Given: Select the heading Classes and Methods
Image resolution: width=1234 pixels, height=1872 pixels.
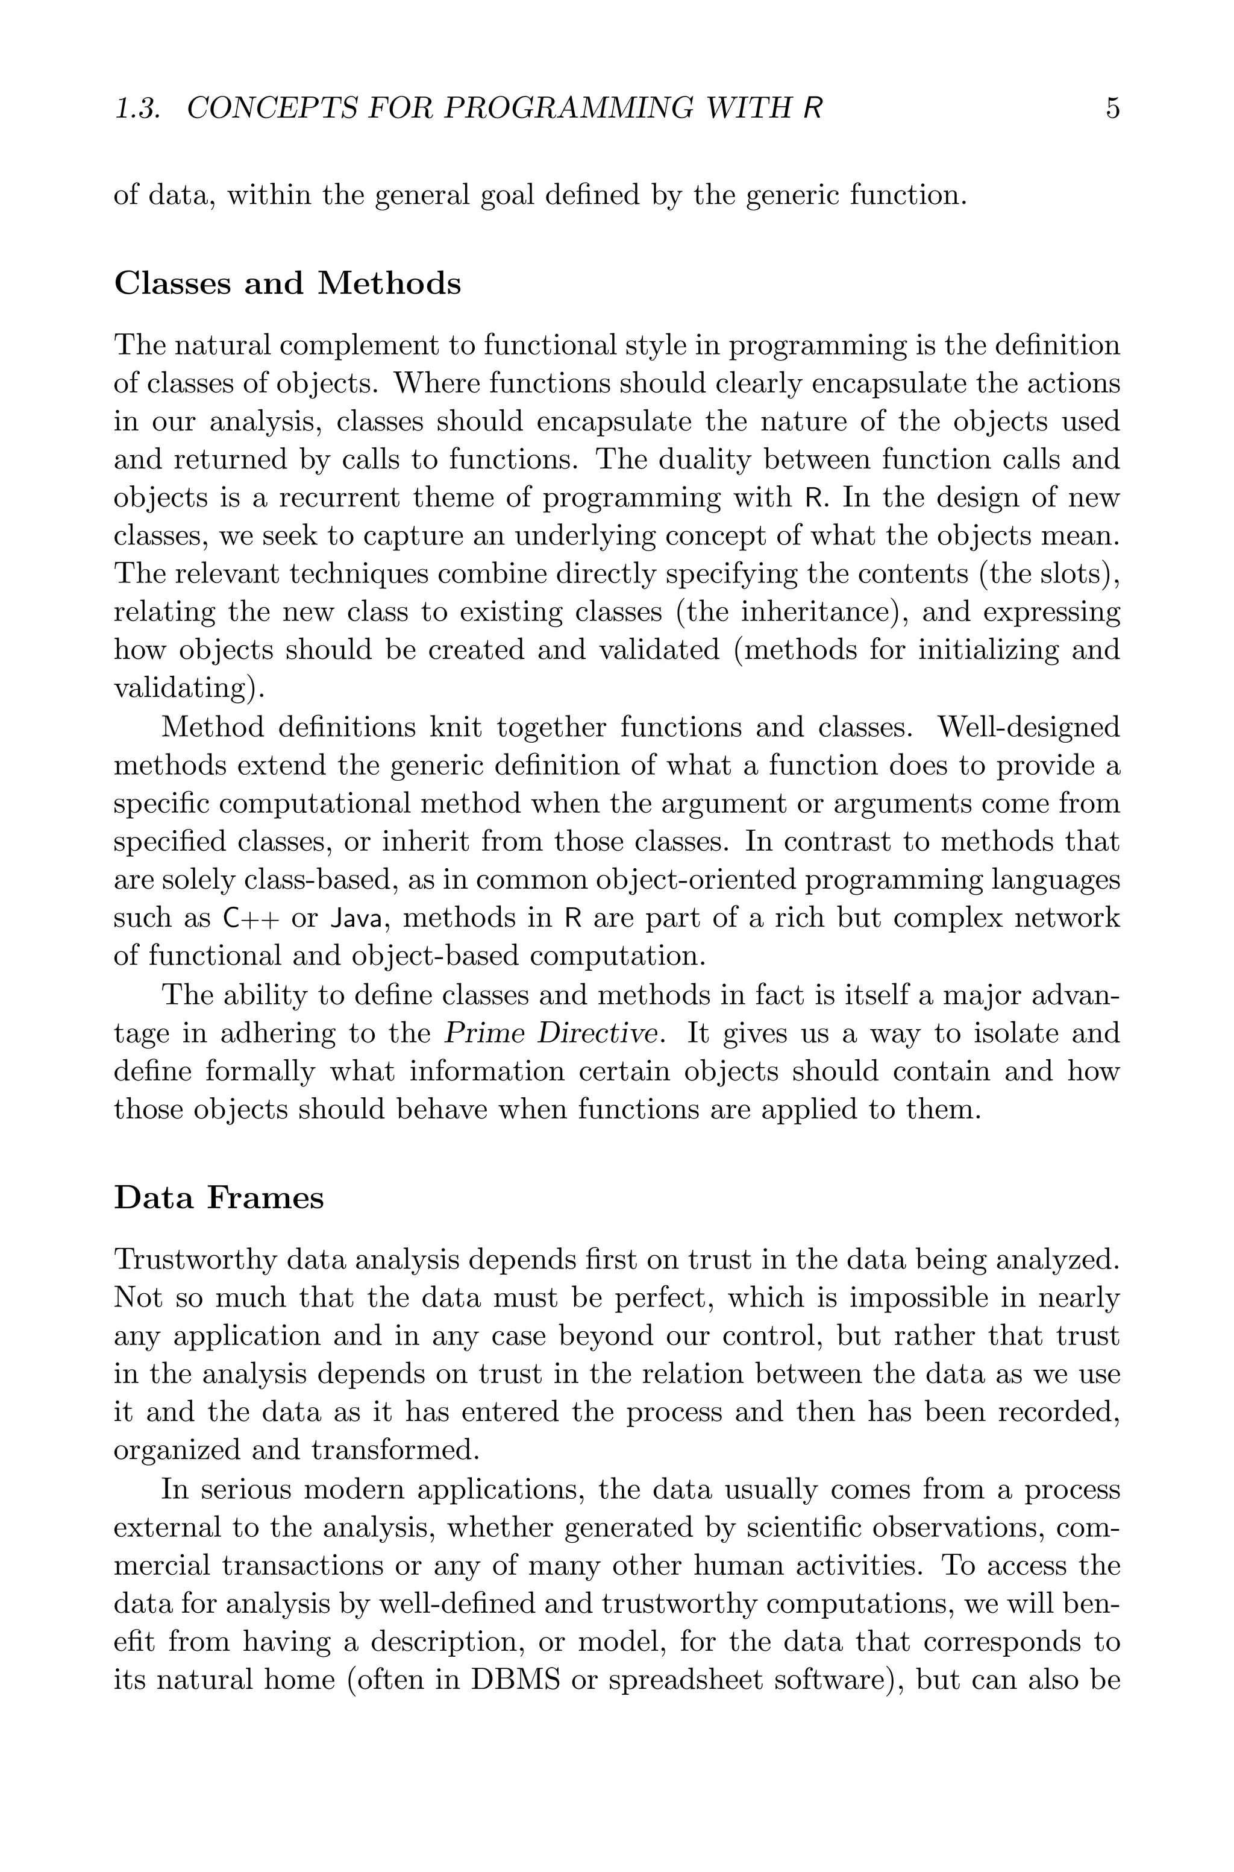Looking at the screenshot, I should pos(287,283).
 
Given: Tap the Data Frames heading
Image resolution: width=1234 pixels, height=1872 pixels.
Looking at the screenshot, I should pos(219,1197).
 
